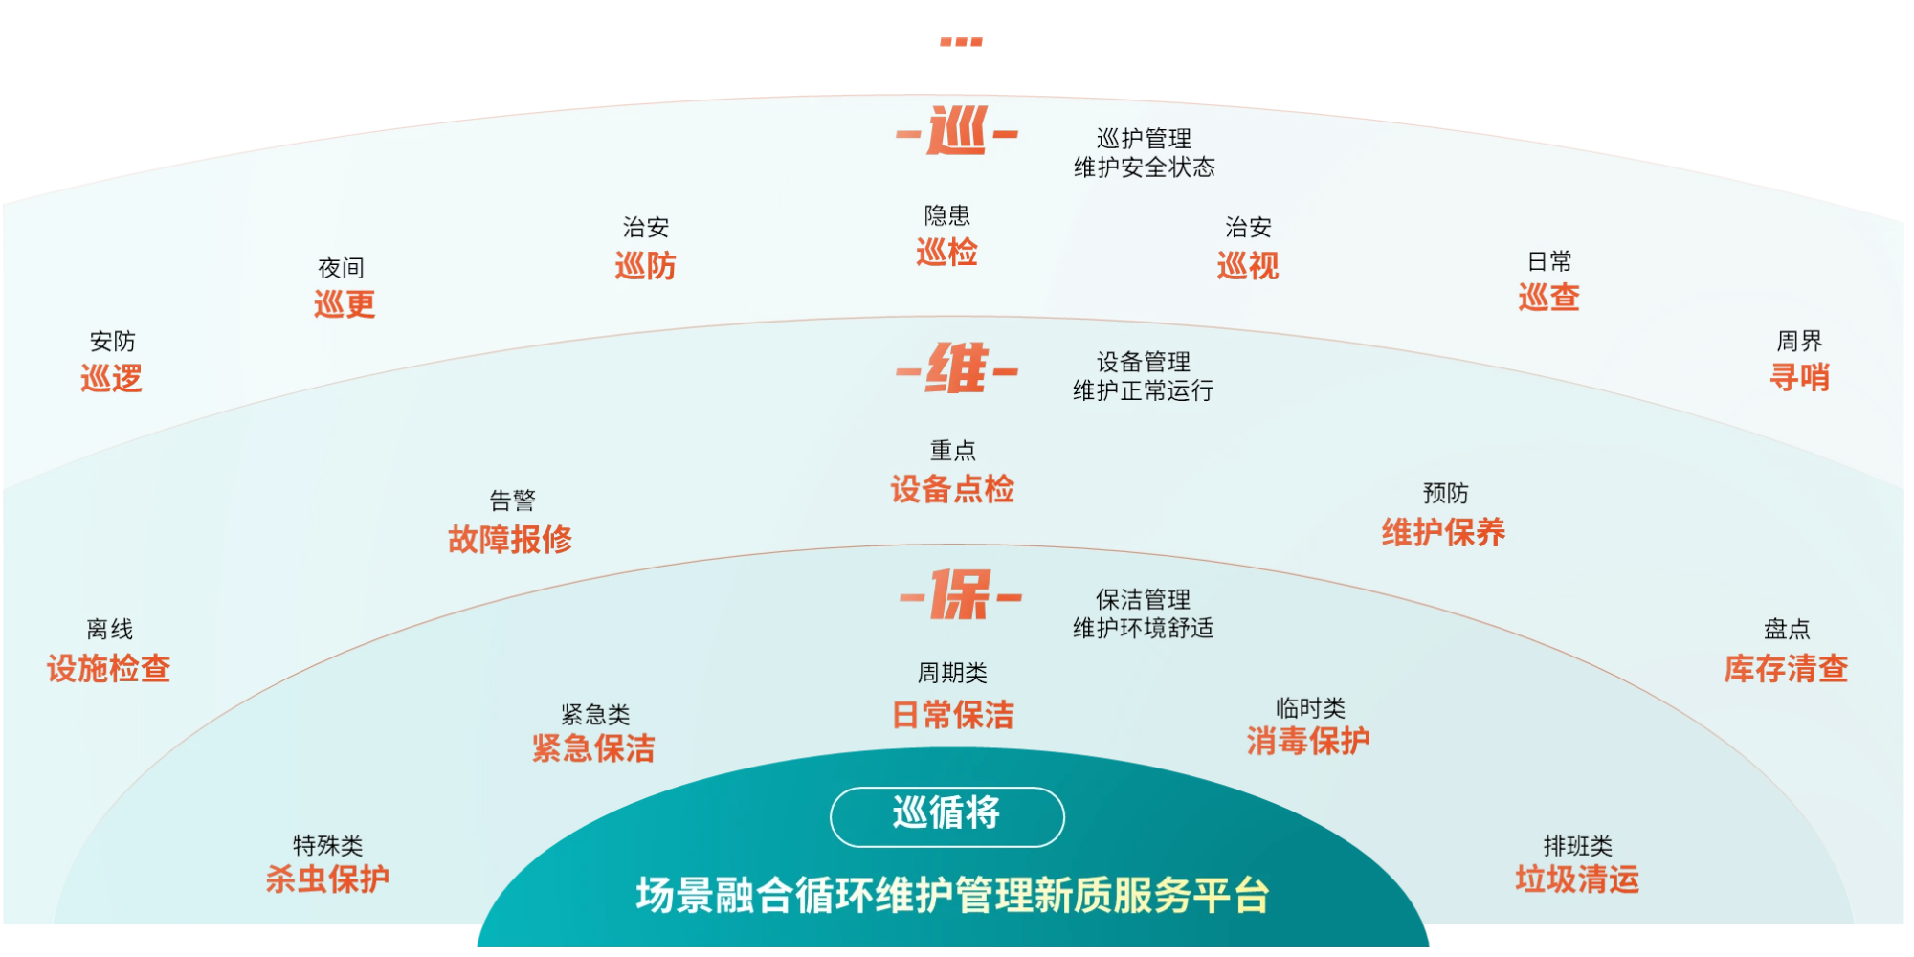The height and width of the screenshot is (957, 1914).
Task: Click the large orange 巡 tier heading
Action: pyautogui.click(x=956, y=132)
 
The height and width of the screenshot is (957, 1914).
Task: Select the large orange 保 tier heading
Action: pyautogui.click(x=960, y=595)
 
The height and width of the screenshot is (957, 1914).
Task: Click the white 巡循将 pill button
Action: pyautogui.click(x=946, y=815)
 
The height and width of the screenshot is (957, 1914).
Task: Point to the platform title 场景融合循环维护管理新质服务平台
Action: pyautogui.click(x=952, y=896)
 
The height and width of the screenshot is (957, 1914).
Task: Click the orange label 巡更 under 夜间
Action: pyautogui.click(x=344, y=304)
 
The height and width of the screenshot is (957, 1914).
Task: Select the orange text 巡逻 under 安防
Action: pyautogui.click(x=111, y=379)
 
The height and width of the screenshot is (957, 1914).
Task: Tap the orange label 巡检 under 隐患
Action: pyautogui.click(x=946, y=253)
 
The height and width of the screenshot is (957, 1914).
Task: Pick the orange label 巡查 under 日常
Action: pyautogui.click(x=1548, y=297)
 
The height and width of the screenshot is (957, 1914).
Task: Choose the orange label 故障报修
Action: pyautogui.click(x=510, y=540)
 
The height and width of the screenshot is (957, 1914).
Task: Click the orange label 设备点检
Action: pyautogui.click(x=952, y=490)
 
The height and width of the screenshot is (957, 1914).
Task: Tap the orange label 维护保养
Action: pyautogui.click(x=1443, y=532)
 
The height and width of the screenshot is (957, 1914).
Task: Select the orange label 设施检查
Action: pyautogui.click(x=109, y=668)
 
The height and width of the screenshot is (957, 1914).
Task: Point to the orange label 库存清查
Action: pyautogui.click(x=1786, y=668)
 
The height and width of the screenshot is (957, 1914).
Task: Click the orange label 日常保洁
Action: pyautogui.click(x=952, y=715)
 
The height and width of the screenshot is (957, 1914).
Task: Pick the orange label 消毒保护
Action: pyautogui.click(x=1308, y=741)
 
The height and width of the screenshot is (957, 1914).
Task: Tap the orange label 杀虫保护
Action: pyautogui.click(x=327, y=879)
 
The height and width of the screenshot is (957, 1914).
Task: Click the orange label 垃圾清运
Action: pyautogui.click(x=1577, y=879)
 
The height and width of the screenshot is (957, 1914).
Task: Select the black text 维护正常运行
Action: pyautogui.click(x=1143, y=390)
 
